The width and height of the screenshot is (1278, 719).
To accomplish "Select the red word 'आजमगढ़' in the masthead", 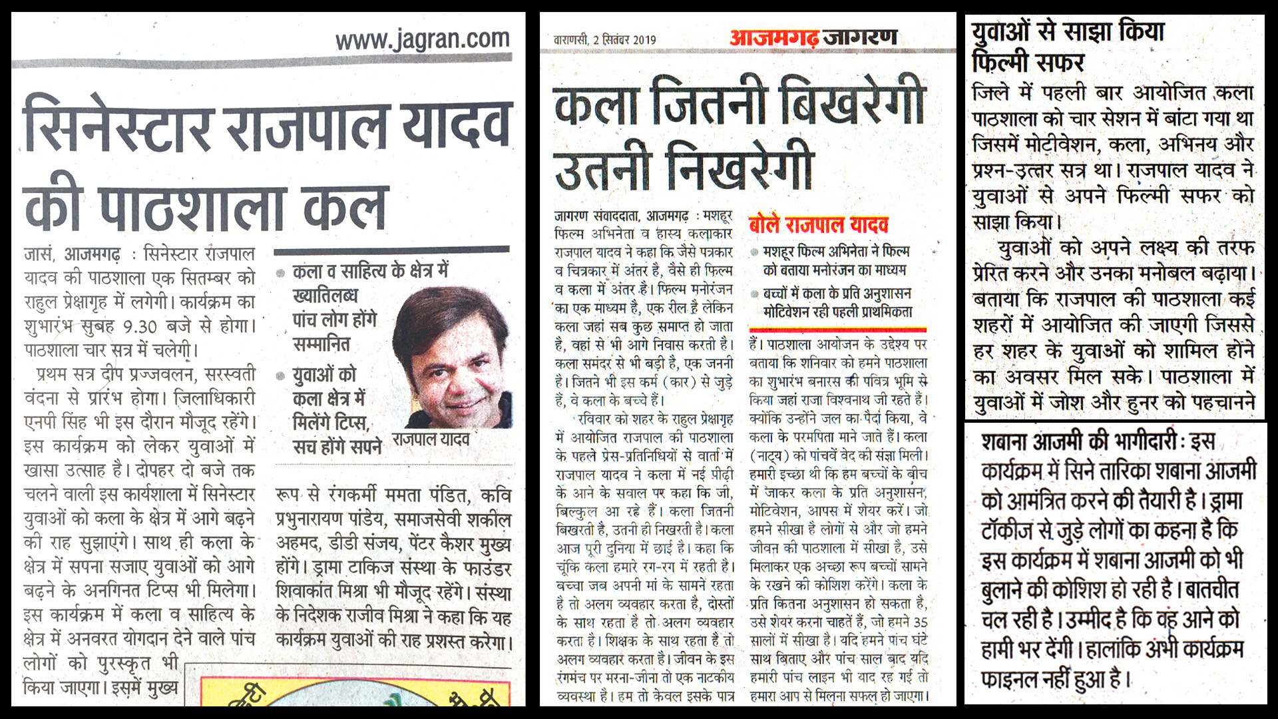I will [x=774, y=37].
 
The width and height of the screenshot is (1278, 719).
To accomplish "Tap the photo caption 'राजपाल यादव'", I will [x=431, y=439].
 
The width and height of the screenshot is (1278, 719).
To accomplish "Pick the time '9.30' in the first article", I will [x=140, y=327].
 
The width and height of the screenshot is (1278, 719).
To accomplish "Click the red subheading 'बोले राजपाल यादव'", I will [x=818, y=224].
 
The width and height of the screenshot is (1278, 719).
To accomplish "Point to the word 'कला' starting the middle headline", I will [x=596, y=105].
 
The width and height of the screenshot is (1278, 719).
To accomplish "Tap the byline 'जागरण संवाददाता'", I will [x=594, y=216].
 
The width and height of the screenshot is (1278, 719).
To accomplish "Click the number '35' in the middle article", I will [x=920, y=622].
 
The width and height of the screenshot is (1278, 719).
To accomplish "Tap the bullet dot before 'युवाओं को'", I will [x=280, y=376].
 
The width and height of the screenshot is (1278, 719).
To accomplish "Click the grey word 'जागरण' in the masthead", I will [x=860, y=37].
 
